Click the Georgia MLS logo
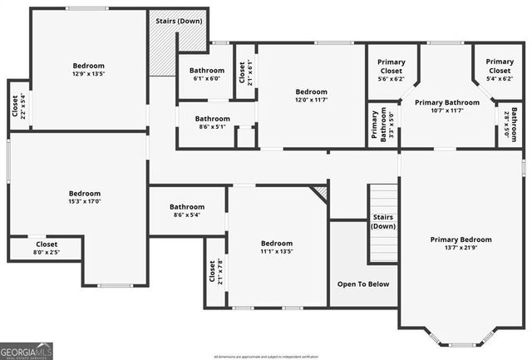click(27, 350)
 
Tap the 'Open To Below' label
click(362, 284)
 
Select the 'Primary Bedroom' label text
click(461, 239)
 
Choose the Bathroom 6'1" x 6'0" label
click(207, 75)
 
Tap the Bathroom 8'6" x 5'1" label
click(213, 123)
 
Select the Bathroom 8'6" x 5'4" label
click(187, 211)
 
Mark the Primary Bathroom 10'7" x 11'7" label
click(447, 106)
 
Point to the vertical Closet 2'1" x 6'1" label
click(244, 75)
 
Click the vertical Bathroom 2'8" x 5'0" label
click(516, 125)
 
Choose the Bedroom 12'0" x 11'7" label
click(312, 96)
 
